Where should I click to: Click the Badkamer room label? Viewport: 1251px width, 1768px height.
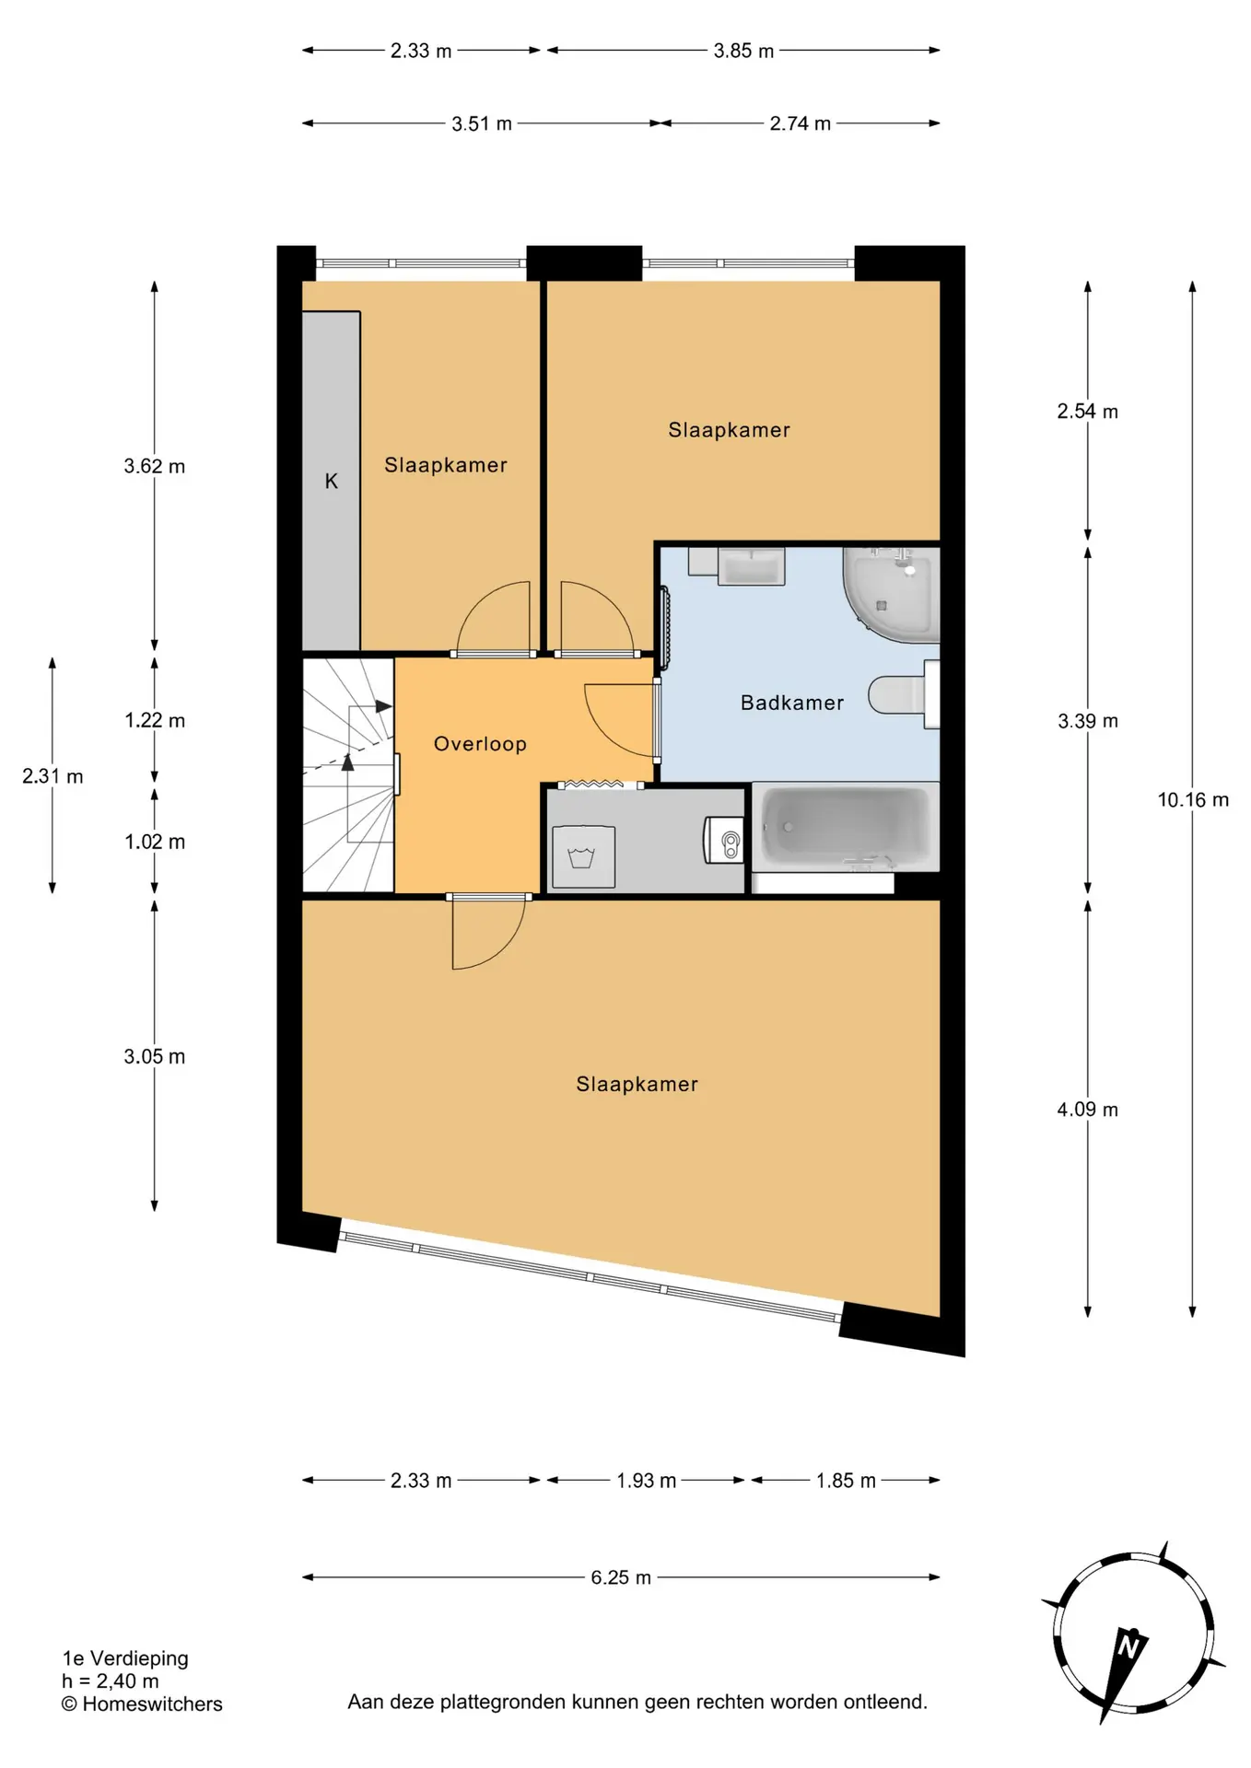(x=791, y=703)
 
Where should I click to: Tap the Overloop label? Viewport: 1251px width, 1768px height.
(x=480, y=744)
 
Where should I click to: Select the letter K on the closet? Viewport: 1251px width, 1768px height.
(x=332, y=481)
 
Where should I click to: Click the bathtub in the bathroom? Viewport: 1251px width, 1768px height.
(x=845, y=827)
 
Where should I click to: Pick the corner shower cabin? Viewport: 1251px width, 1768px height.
(x=891, y=593)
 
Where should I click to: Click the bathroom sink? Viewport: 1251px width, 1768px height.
(x=751, y=566)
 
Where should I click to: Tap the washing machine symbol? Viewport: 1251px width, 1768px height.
(x=583, y=856)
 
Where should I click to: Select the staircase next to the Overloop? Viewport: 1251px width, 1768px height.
(x=348, y=774)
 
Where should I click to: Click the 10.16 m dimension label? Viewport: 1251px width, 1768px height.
(x=1193, y=799)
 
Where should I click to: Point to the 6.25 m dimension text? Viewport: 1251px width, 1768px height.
(x=621, y=1577)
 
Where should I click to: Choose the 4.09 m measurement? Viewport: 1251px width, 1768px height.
(x=1087, y=1110)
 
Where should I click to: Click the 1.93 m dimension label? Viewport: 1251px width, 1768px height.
(x=646, y=1481)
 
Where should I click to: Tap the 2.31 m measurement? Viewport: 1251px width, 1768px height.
(x=53, y=776)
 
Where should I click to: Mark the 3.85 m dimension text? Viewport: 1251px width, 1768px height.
(x=743, y=51)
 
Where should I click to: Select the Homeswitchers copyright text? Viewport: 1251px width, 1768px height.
(x=142, y=1704)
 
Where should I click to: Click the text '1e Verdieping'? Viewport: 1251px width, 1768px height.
(x=125, y=1658)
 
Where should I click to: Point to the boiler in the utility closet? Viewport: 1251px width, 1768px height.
(x=724, y=840)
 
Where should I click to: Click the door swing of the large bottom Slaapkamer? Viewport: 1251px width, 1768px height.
(x=488, y=933)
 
